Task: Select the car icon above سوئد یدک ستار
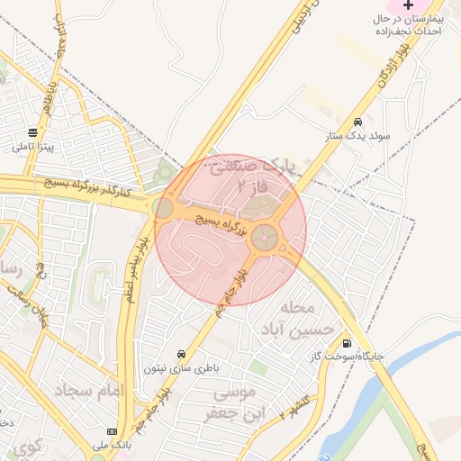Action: pyautogui.click(x=358, y=122)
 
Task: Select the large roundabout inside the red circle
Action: pyautogui.click(x=265, y=238)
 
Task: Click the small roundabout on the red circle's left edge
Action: pyautogui.click(x=163, y=209)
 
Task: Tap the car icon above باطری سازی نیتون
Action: pyautogui.click(x=182, y=354)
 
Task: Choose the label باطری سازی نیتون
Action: pyautogui.click(x=182, y=368)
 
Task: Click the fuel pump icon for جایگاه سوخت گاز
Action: pyautogui.click(x=347, y=342)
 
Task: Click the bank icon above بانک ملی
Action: pyautogui.click(x=112, y=431)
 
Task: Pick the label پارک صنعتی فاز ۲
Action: pyautogui.click(x=261, y=176)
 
